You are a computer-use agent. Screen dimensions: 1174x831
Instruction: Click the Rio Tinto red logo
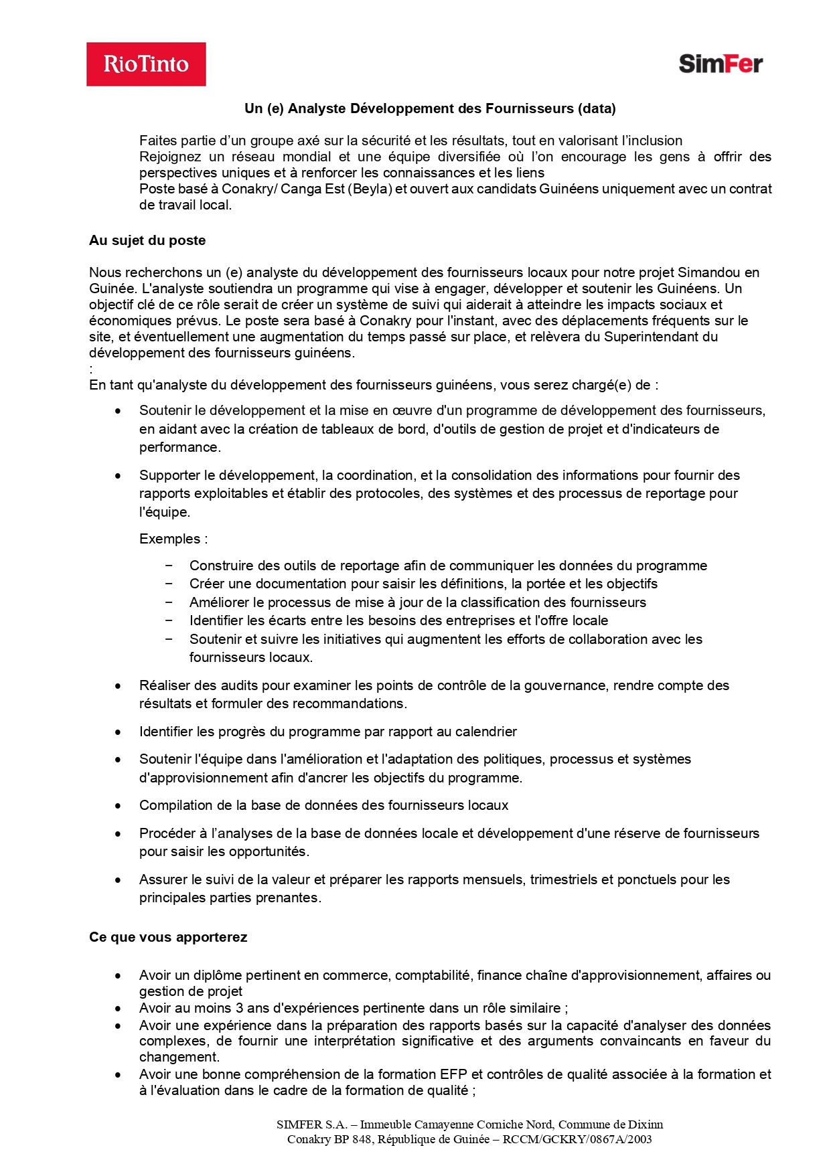pyautogui.click(x=146, y=64)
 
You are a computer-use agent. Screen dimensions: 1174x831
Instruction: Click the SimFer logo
pyautogui.click(x=721, y=64)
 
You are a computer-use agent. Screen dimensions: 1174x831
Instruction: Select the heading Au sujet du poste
pyautogui.click(x=147, y=240)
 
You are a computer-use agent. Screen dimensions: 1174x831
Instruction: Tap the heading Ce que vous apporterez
pyautogui.click(x=168, y=937)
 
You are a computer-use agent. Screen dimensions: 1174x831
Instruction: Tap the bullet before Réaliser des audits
pyautogui.click(x=119, y=686)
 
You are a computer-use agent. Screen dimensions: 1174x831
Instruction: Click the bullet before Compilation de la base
pyautogui.click(x=119, y=806)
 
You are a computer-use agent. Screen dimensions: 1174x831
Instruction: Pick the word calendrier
pyautogui.click(x=485, y=732)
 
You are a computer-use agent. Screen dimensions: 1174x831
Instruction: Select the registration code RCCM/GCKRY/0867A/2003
pyautogui.click(x=577, y=1139)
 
